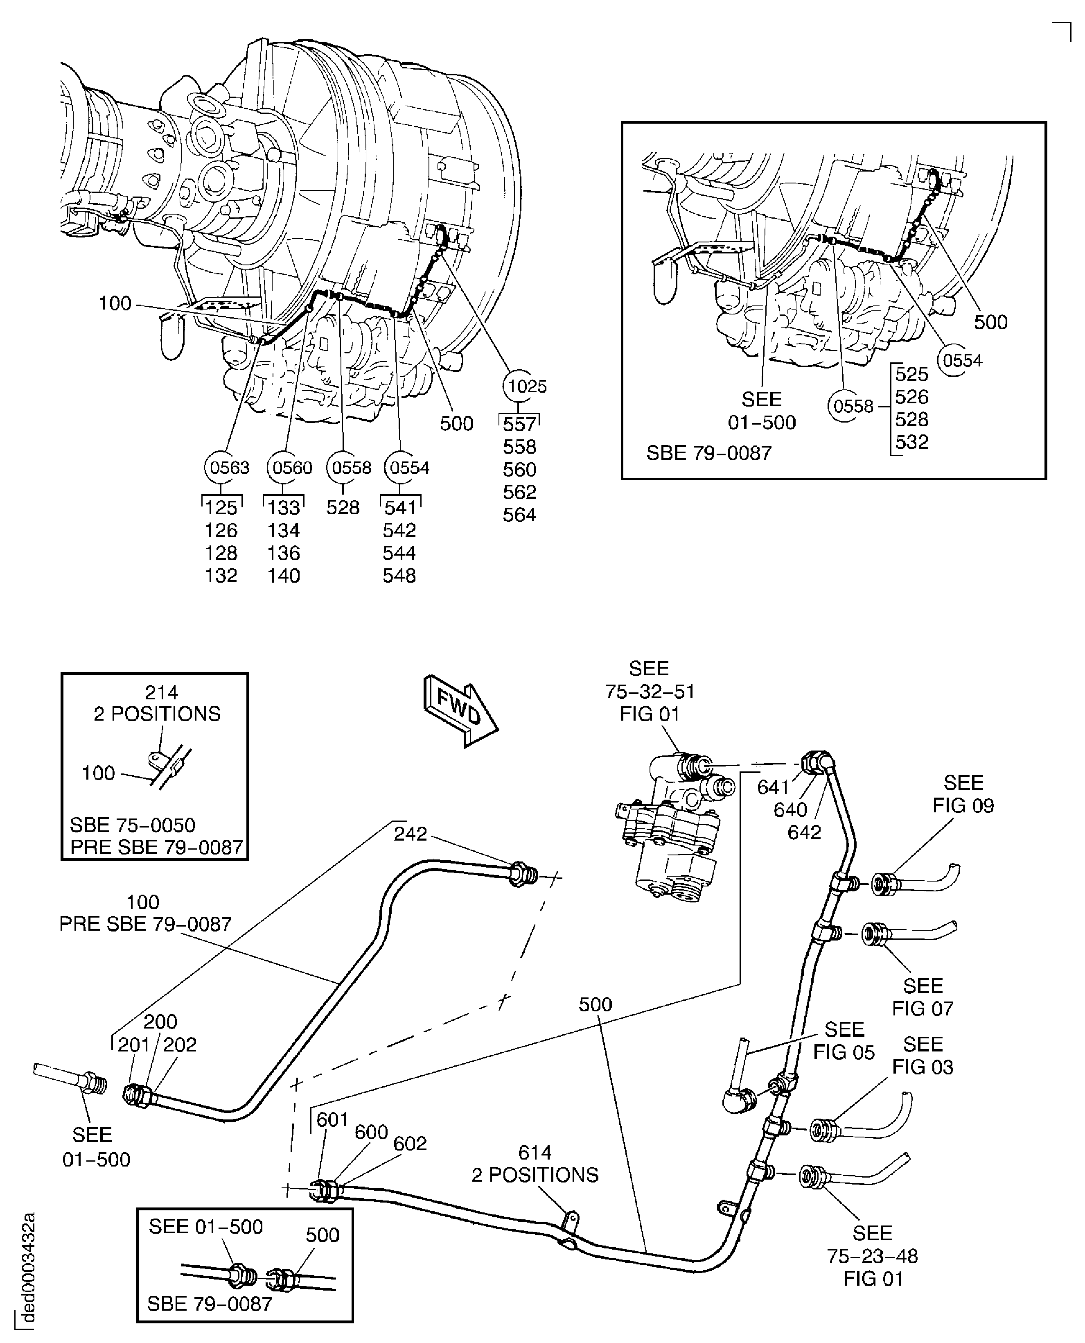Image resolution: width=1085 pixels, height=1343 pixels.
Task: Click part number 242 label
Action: coord(410,833)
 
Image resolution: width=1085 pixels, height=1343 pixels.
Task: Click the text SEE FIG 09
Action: coord(963,794)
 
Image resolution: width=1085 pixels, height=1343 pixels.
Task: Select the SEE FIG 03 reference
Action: coord(923,1056)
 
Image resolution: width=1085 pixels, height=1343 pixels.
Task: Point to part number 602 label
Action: coord(410,1144)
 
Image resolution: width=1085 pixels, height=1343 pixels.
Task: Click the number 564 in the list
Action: coord(519,515)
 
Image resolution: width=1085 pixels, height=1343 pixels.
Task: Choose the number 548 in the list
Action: coord(399,575)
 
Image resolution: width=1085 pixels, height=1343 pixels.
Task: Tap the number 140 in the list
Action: coord(284,575)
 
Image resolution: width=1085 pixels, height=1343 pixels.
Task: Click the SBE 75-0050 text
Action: coord(133,825)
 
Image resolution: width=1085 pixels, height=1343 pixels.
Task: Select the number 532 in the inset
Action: coord(911,442)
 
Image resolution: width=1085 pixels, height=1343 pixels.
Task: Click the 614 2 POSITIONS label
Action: coord(535,1164)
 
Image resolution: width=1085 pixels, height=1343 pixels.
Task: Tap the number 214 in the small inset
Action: coord(161,693)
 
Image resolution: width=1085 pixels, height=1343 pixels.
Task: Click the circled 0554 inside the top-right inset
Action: coord(962,361)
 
